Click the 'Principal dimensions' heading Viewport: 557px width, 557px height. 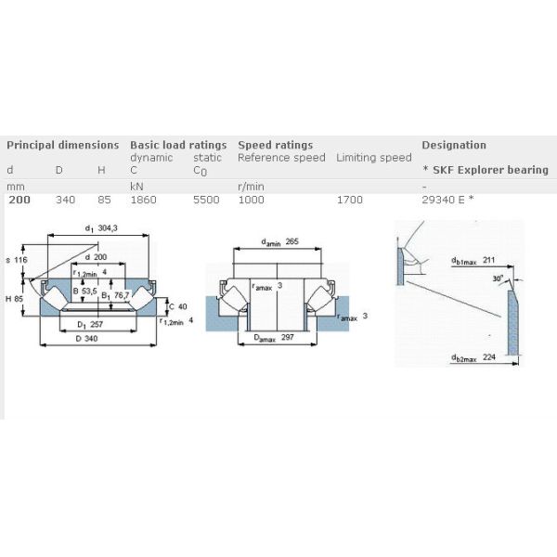62,145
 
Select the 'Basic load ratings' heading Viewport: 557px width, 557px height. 177,145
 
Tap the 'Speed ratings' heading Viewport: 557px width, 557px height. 275,145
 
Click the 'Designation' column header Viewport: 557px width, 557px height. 453,145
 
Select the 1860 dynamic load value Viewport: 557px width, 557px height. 143,200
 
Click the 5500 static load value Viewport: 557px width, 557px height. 207,200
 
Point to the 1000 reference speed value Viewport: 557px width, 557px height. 252,200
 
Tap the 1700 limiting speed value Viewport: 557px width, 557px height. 350,200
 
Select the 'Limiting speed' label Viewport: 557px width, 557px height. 373,158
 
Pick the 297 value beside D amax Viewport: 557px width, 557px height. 287,338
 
